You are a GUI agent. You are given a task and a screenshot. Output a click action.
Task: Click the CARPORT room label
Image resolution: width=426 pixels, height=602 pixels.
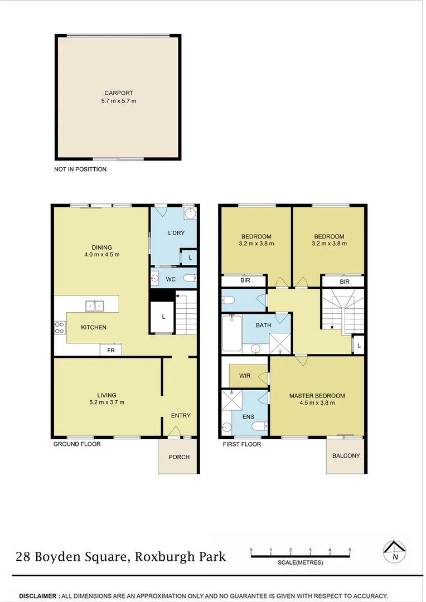pos(119,93)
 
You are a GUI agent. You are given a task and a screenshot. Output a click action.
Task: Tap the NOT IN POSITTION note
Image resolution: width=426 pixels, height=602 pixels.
pos(80,169)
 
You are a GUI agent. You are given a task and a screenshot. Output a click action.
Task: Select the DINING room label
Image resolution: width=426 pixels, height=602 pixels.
pos(102,247)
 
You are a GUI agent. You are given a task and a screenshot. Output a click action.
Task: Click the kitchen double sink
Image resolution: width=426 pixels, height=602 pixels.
pos(94,306)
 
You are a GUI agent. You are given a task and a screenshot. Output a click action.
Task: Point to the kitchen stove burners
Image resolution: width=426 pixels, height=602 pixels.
pos(60,328)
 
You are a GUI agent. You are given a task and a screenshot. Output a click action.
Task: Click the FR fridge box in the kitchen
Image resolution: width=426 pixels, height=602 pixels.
pos(110,350)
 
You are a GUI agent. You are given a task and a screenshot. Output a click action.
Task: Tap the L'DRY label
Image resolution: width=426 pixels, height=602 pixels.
pos(176,233)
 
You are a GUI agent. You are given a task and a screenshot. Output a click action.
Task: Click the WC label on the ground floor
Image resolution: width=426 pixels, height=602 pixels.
pos(171,279)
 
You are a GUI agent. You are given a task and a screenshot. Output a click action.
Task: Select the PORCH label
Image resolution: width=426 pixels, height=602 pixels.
pos(179,457)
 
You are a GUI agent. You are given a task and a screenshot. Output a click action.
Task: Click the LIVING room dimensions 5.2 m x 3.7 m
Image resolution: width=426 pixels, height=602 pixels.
pos(107,402)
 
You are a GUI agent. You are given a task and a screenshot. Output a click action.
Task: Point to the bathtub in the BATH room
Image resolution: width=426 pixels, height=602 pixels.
pos(231,333)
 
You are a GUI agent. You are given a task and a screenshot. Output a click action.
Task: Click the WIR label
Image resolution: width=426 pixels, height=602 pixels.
pos(245,376)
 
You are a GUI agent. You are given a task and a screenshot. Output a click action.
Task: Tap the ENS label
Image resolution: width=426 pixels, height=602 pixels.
pos(248,416)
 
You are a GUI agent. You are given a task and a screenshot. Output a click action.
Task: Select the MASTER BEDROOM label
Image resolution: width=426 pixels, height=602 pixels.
pos(317,396)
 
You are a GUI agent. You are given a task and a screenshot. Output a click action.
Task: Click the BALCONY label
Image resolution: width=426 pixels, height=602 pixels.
pos(346,456)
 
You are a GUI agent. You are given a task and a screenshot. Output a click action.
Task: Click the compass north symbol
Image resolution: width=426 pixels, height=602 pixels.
pos(395,552)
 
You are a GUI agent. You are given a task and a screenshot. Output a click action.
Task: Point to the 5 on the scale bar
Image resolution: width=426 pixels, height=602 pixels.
pos(350,550)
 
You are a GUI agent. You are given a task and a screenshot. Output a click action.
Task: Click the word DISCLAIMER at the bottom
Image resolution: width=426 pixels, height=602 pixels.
pos(38,596)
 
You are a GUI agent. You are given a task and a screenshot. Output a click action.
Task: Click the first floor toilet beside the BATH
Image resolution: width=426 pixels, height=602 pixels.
pos(228,300)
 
